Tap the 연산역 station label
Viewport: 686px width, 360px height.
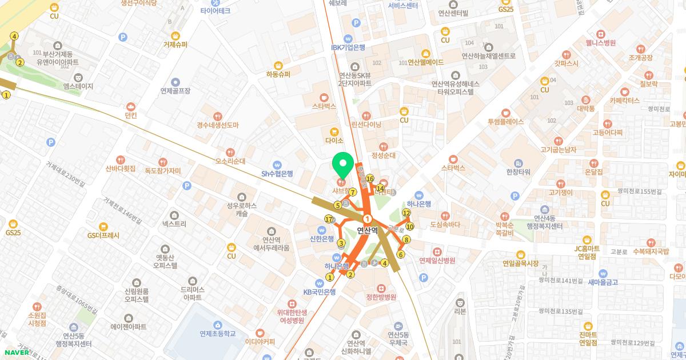tap(368, 231)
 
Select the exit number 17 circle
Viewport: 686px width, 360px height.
tap(328, 219)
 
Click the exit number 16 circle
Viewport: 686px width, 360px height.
tap(370, 178)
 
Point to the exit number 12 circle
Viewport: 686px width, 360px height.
tap(406, 213)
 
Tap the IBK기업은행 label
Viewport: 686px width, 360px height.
tap(348, 47)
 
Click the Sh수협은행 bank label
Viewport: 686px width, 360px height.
tap(277, 174)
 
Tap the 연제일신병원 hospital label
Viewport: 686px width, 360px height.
tap(437, 261)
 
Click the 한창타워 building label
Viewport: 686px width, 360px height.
tap(518, 172)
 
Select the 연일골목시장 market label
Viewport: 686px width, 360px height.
tap(520, 263)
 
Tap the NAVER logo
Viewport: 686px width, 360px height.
tap(17, 352)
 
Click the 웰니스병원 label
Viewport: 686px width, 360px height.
tap(600, 43)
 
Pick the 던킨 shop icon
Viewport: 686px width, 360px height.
tap(131, 106)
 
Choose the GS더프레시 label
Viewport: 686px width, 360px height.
tap(103, 235)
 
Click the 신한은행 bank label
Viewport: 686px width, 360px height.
tap(321, 239)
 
